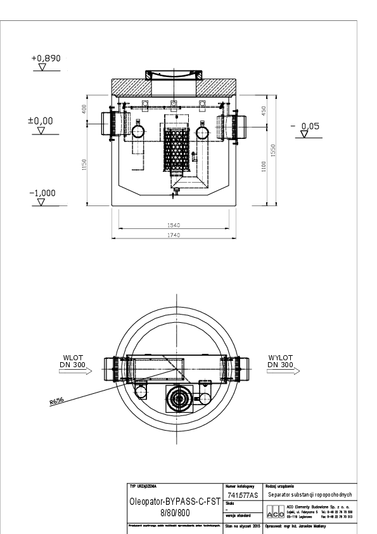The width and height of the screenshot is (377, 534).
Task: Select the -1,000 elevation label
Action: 42,192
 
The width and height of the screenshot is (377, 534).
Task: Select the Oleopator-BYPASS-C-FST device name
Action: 174,500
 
